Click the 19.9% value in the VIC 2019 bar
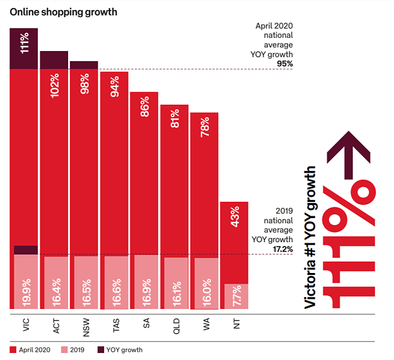pos(24,289)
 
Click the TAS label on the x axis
pos(115,325)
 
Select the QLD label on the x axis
pos(175,325)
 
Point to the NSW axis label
pos(84,325)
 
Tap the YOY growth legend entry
pos(120,349)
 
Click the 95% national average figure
pos(285,64)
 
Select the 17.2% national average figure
pos(284,249)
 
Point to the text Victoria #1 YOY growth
pos(310,237)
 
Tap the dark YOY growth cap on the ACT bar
pos(54,59)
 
